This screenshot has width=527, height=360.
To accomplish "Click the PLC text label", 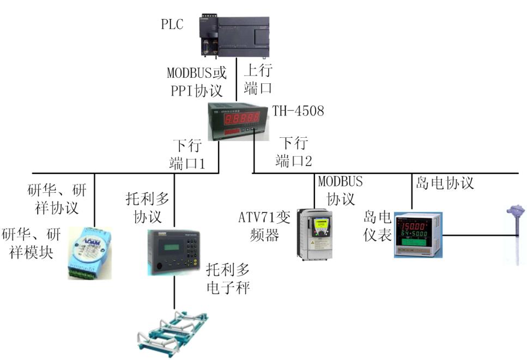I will tap(172, 24).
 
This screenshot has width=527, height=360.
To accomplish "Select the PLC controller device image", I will tap(233, 36).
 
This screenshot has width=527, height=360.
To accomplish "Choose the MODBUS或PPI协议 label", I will tap(196, 80).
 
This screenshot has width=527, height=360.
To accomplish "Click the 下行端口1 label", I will tap(188, 154).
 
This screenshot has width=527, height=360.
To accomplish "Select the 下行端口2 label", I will tap(294, 152).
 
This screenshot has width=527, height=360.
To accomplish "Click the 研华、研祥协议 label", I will tap(57, 199).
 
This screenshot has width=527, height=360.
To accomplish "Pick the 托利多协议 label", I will tap(148, 207).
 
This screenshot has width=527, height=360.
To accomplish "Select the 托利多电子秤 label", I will tap(228, 278).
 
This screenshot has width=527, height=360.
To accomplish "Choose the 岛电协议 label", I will tap(444, 183).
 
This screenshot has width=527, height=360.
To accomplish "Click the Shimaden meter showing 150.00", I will tap(417, 234).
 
